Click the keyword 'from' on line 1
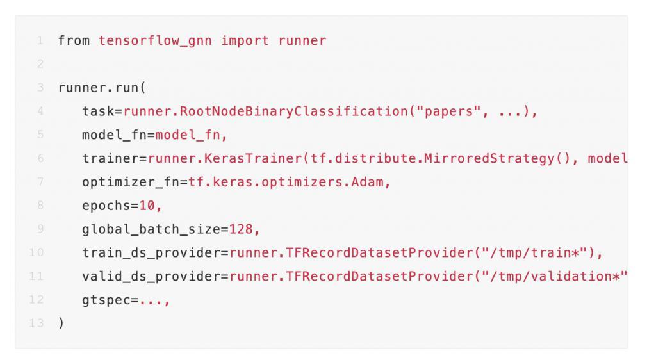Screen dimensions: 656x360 pos(74,40)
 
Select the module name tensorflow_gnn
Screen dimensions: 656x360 pos(155,41)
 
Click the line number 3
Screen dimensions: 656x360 pos(40,87)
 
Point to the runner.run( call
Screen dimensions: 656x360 pos(102,88)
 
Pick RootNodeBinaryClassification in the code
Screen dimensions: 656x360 pos(293,111)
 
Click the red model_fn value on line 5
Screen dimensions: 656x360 pos(188,135)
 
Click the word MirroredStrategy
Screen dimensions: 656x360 pos(489,158)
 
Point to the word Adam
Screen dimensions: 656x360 pos(367,182)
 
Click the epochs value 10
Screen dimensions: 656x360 pos(147,206)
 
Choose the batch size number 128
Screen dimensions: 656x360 pos(241,229)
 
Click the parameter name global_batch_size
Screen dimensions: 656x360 pos(151,229)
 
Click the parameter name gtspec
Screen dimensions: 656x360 pos(106,300)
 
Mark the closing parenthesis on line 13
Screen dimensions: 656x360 pos(61,323)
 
